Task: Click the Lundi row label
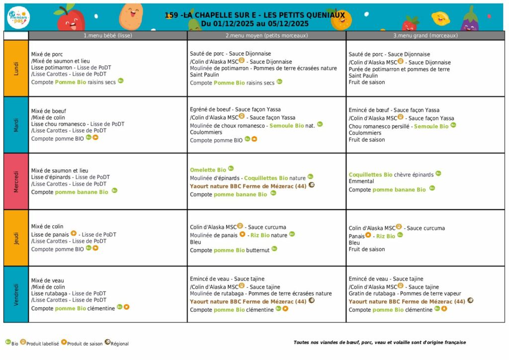pos(16,68)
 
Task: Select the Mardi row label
pos(16,125)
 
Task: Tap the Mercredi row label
pos(16,181)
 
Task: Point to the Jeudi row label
pos(16,238)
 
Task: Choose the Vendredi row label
pos(16,294)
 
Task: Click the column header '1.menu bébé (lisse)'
pos(108,36)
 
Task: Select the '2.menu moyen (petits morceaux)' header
pos(266,36)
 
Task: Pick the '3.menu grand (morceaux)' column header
pos(425,36)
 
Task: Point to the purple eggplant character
pos(469,20)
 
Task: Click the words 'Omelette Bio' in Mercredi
pos(208,170)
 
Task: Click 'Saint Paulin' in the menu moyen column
pos(204,75)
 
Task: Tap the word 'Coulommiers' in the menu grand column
pos(365,133)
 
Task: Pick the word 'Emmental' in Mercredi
pos(361,181)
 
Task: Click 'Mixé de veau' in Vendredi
pos(48,280)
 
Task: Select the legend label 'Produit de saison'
pos(85,344)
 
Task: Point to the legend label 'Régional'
pos(119,344)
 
